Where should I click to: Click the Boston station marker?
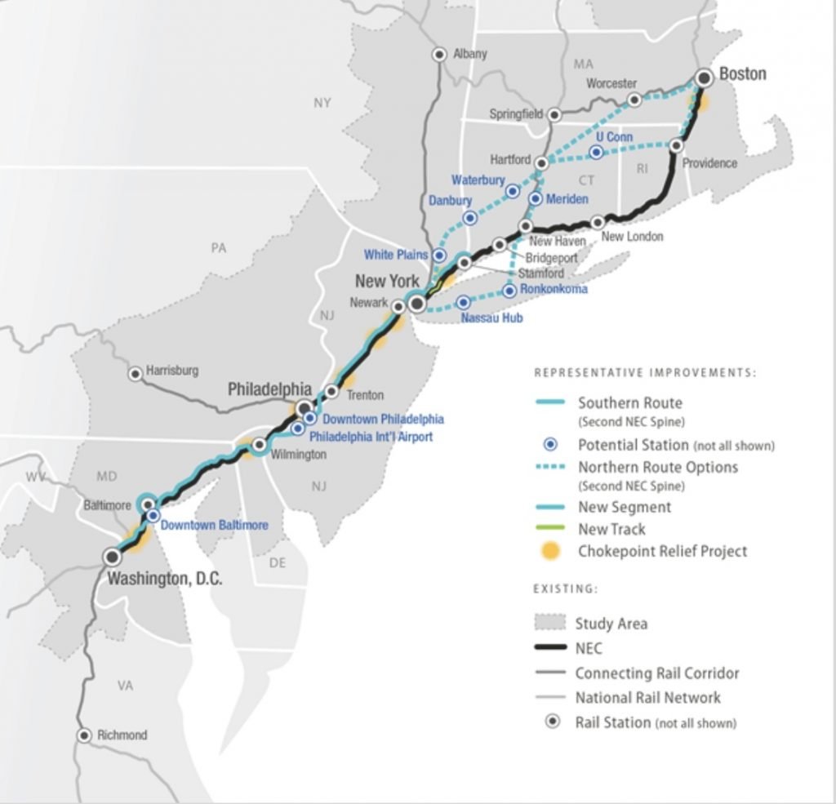(x=705, y=78)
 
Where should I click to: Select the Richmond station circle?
(x=84, y=735)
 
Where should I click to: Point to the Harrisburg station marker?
(x=136, y=373)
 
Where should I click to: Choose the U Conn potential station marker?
(x=597, y=153)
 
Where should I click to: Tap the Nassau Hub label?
(x=491, y=318)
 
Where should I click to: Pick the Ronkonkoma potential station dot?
(x=509, y=290)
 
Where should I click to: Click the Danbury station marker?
(x=469, y=218)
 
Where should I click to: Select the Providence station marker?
(x=676, y=145)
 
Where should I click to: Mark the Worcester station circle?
(x=634, y=100)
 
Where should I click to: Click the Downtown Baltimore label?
(x=214, y=525)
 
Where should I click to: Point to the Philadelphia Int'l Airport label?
(x=371, y=437)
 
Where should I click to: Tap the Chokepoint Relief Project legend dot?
(x=553, y=552)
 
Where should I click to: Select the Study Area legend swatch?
(x=551, y=623)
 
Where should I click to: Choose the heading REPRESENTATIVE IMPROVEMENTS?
(x=645, y=373)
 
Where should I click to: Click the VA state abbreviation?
(x=124, y=686)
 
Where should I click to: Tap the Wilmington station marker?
(x=259, y=446)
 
